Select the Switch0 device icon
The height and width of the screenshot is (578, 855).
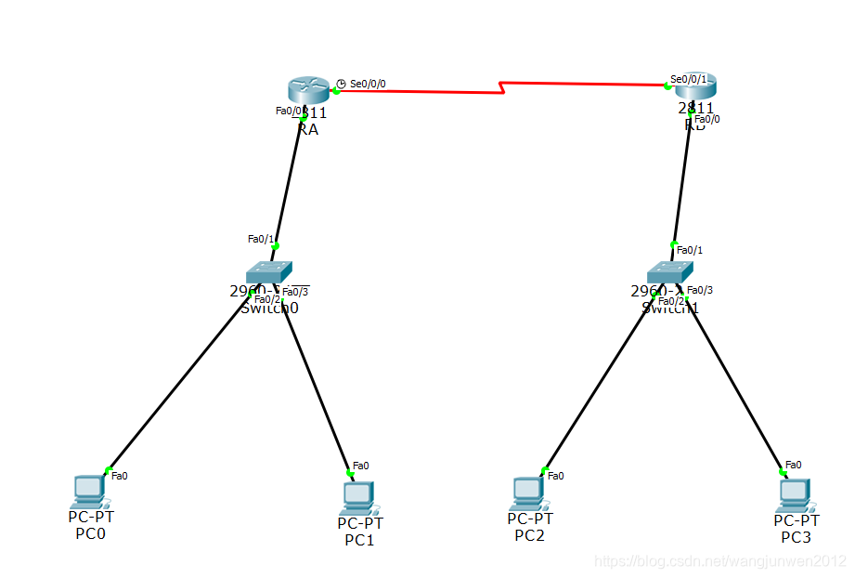pos(270,271)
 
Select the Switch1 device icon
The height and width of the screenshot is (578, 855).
pos(670,271)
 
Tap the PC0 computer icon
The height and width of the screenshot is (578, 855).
pos(89,491)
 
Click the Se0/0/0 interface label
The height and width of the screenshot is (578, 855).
pos(368,84)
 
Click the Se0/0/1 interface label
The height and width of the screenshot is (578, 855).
pos(689,79)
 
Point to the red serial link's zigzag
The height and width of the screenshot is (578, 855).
pos(502,89)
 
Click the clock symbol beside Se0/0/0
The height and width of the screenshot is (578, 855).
pos(341,84)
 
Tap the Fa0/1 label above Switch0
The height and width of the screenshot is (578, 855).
pos(261,239)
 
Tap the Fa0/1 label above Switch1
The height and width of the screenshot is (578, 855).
pos(690,250)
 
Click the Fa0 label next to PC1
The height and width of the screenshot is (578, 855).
pos(361,466)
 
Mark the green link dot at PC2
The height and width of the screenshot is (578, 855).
pos(545,469)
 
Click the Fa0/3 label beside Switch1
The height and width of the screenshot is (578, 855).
pos(700,290)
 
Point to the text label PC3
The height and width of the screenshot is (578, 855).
pos(796,537)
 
